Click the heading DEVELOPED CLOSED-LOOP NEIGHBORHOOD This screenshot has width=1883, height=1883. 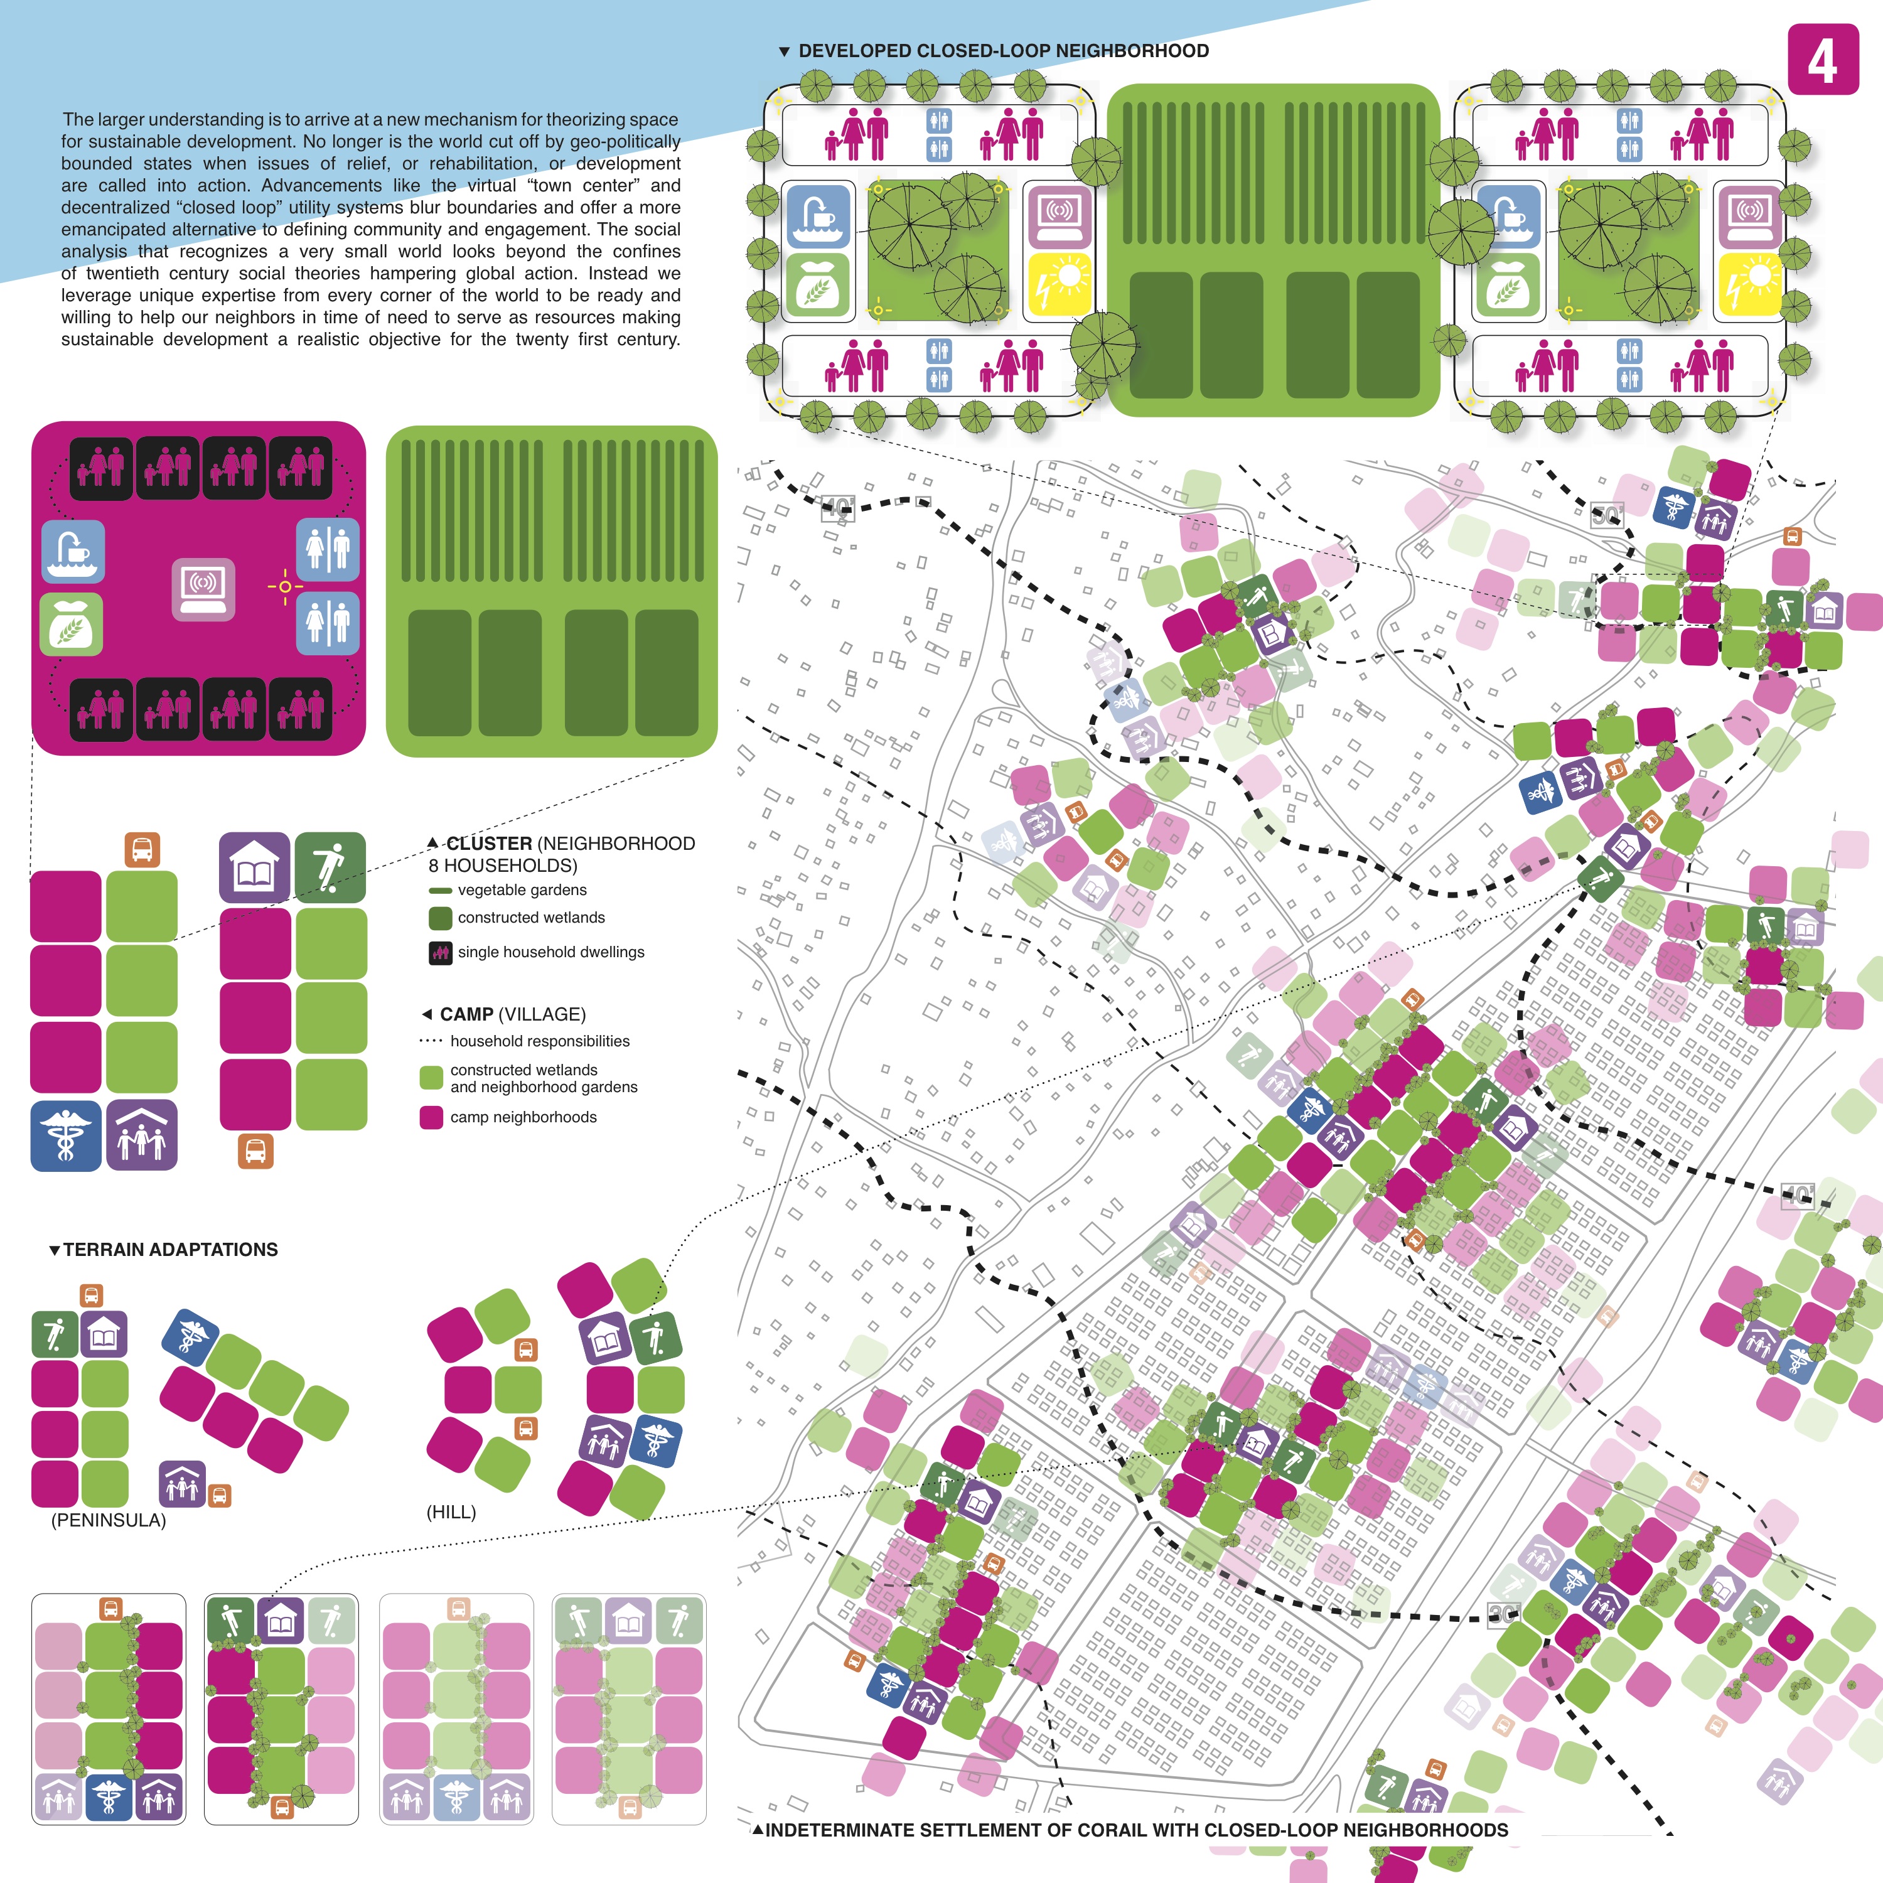click(1002, 51)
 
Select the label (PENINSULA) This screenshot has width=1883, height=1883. click(108, 1520)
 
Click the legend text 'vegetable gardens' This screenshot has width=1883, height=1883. click(522, 890)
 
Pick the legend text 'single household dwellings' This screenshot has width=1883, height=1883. click(550, 952)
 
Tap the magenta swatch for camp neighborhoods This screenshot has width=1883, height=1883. click(431, 1117)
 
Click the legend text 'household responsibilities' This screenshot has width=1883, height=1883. click(539, 1041)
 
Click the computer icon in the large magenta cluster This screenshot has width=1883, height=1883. click(203, 589)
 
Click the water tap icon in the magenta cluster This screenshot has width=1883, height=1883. click(73, 550)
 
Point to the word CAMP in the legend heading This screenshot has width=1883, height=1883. click(466, 1014)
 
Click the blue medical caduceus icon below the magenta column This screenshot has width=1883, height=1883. click(65, 1135)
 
